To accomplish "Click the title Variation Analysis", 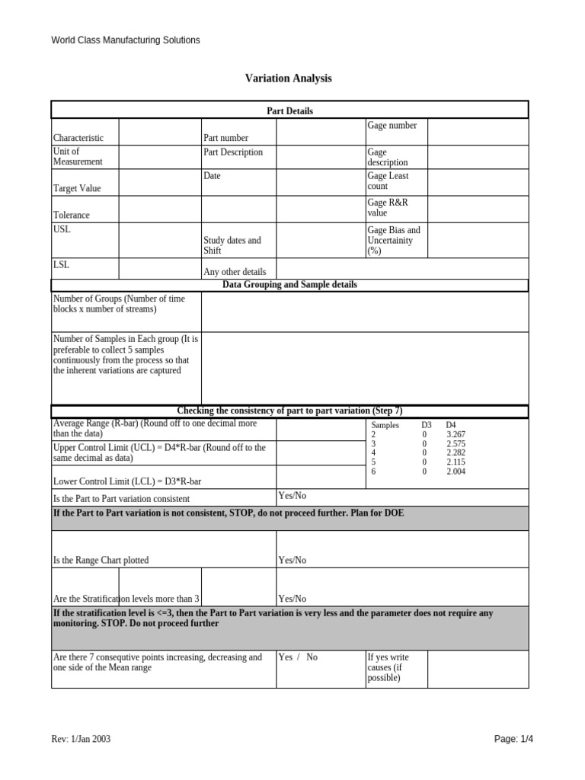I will coord(288,78).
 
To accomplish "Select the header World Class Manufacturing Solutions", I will coord(126,40).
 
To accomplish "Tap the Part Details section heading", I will coord(289,111).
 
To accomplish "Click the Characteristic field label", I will coord(78,138).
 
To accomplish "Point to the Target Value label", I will coord(76,188).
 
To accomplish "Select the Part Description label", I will coord(232,152).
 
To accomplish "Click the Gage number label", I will coord(392,126).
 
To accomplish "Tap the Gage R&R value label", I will coord(388,208).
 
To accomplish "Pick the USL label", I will coord(61,229).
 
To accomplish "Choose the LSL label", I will coord(61,264).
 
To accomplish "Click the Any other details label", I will coord(235,272).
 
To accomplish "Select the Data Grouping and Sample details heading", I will coord(289,285).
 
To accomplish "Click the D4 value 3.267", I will coord(456,434).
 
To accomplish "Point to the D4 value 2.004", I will coord(456,472).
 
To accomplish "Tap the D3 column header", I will coord(427,425).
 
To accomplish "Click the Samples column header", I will coord(385,425).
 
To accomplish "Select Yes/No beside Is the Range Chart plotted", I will coord(292,560).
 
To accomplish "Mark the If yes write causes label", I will coord(388,667).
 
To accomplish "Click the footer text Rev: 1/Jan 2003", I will coord(85,739).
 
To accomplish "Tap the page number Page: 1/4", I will coord(514,739).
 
